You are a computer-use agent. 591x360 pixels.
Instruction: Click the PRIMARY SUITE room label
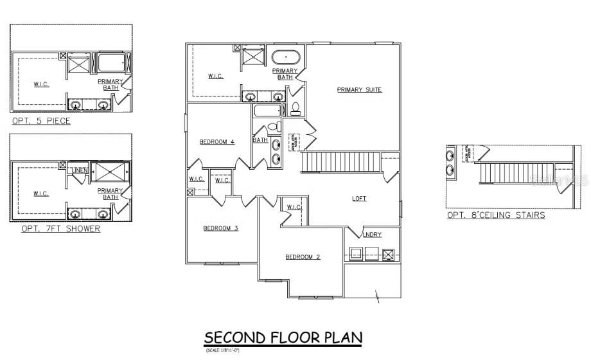tap(359, 89)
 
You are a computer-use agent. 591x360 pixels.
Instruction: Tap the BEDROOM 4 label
tap(216, 142)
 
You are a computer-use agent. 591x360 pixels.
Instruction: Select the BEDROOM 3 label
tap(220, 228)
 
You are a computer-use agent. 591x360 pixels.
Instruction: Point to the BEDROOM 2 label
tap(303, 256)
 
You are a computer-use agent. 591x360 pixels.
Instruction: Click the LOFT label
tap(359, 199)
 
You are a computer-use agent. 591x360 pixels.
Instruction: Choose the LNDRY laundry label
tap(372, 235)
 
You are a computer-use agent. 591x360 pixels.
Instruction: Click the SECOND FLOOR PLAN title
tap(283, 337)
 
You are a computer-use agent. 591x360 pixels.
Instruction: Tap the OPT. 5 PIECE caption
tap(41, 121)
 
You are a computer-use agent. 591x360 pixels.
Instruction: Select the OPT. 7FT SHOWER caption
tap(60, 228)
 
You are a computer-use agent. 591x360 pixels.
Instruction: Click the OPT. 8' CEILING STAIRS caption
tap(496, 215)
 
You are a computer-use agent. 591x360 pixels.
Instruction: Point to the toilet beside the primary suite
tap(296, 107)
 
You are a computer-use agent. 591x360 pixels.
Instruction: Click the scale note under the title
tap(222, 350)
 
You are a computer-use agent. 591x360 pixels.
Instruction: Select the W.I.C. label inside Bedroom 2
tap(294, 207)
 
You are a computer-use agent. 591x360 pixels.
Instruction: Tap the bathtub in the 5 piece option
tap(113, 64)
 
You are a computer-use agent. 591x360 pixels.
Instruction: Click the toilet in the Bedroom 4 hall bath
tap(272, 127)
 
